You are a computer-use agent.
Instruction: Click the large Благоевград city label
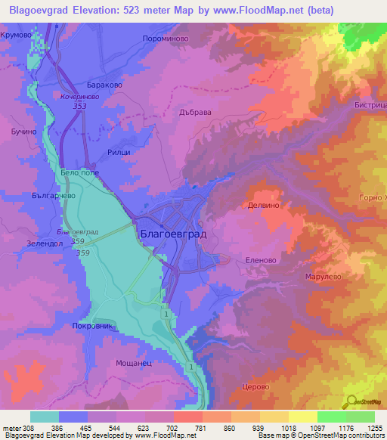pyautogui.click(x=173, y=234)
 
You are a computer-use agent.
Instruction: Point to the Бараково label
pyautogui.click(x=103, y=85)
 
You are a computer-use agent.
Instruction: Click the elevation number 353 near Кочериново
pyautogui.click(x=79, y=106)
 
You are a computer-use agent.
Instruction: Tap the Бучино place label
pyautogui.click(x=23, y=132)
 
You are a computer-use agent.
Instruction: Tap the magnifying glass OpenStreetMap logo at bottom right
pyautogui.click(x=352, y=401)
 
